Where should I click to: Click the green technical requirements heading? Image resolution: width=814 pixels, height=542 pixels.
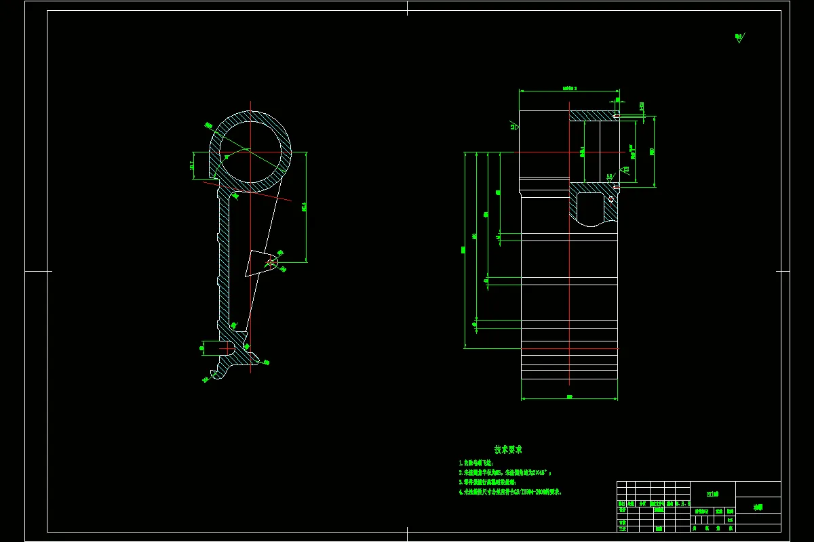pos(508,449)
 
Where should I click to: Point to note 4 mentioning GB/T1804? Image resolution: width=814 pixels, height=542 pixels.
pos(510,493)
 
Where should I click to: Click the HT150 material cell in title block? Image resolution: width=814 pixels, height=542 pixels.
pos(712,494)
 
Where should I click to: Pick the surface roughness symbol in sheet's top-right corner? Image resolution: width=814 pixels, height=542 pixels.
pos(739,38)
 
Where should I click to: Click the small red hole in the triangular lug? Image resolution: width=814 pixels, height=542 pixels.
pos(271,262)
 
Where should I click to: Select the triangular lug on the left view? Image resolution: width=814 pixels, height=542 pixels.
pos(258,263)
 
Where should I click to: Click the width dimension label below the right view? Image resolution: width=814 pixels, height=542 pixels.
pos(569,396)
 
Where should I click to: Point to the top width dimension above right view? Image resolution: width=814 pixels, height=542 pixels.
pos(569,88)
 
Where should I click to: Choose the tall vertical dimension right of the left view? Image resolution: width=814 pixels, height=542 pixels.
pos(305,206)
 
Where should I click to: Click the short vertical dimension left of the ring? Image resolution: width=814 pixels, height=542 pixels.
pos(193,165)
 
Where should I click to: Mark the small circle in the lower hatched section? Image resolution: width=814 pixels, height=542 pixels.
pos(611,199)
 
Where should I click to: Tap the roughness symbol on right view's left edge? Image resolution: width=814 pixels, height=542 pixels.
pos(513,125)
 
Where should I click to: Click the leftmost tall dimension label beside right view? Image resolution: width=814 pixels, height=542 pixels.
pos(464,250)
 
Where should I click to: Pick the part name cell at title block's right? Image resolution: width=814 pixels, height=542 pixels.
pos(758,506)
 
